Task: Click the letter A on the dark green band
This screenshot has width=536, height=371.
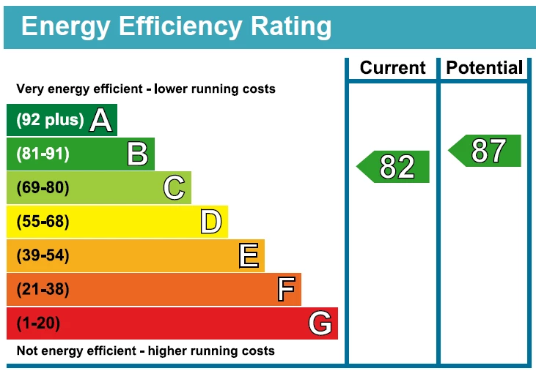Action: tap(101, 121)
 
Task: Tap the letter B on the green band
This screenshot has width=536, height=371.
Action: tap(138, 154)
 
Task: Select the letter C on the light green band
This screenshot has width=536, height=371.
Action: tap(174, 188)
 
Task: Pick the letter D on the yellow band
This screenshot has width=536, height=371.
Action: tap(210, 222)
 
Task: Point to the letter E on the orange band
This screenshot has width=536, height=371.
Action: tap(249, 255)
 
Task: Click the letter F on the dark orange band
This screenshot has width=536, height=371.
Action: tap(286, 290)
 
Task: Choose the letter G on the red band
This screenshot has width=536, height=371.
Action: tap(320, 323)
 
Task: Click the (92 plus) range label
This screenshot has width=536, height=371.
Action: tap(50, 121)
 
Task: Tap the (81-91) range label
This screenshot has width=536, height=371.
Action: tap(43, 154)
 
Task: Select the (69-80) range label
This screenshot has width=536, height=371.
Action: tap(43, 188)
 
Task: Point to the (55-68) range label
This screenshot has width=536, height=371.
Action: tap(43, 222)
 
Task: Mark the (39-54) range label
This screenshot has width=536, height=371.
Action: tap(43, 255)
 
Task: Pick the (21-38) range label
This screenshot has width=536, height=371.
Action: tap(43, 290)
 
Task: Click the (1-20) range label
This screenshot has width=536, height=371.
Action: tap(38, 323)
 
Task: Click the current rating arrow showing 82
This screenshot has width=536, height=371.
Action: tap(394, 167)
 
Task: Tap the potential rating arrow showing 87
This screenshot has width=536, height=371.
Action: tap(486, 151)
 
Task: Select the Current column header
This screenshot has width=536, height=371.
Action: tap(392, 68)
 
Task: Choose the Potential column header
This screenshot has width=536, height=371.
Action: tap(485, 68)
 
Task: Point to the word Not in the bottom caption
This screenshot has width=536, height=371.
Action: tap(26, 351)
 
